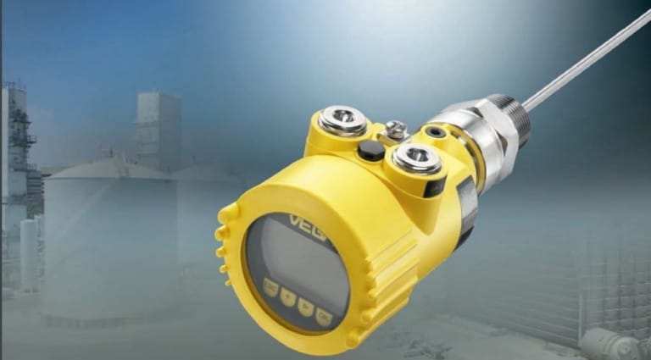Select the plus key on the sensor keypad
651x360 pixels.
[288, 298]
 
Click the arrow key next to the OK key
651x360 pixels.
[305, 307]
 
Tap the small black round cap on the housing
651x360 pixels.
[370, 151]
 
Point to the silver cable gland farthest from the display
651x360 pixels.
[344, 119]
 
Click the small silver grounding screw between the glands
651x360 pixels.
[395, 130]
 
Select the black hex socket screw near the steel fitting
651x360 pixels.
[436, 133]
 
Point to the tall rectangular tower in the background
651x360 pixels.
[159, 127]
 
